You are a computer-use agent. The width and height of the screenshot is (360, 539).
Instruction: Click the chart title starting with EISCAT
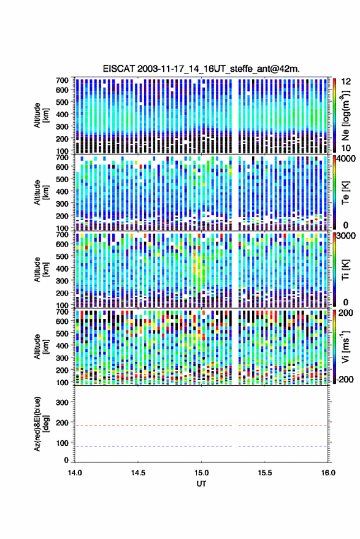pyautogui.click(x=201, y=69)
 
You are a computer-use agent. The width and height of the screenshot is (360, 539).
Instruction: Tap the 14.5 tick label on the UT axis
pyautogui.click(x=138, y=473)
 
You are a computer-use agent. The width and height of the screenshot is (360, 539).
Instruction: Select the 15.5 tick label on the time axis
pyautogui.click(x=265, y=473)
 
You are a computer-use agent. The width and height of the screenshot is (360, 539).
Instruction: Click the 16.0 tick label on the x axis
pyautogui.click(x=328, y=473)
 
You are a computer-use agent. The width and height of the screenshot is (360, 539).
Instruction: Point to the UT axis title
pyautogui.click(x=201, y=484)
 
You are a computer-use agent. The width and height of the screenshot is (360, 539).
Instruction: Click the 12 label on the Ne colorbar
pyautogui.click(x=346, y=82)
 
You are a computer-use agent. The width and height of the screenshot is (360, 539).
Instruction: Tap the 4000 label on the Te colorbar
pyautogui.click(x=346, y=159)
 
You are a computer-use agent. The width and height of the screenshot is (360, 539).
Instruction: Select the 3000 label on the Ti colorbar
pyautogui.click(x=346, y=236)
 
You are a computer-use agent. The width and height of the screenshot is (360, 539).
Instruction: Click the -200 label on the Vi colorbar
pyautogui.click(x=344, y=380)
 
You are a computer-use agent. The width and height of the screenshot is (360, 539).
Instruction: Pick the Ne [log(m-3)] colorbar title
pyautogui.click(x=345, y=115)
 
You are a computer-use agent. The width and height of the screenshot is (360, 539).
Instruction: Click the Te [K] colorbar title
pyautogui.click(x=345, y=193)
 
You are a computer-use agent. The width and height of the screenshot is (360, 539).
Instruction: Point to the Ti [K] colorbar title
pyautogui.click(x=345, y=270)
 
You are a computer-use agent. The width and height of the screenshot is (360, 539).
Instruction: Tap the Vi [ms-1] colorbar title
pyautogui.click(x=345, y=346)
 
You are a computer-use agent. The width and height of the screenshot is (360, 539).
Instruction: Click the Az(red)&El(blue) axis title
pyautogui.click(x=40, y=424)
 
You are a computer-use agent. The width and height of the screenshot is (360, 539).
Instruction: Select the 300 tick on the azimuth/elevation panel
pyautogui.click(x=62, y=402)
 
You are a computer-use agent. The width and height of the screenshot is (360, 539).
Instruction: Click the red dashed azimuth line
pyautogui.click(x=201, y=426)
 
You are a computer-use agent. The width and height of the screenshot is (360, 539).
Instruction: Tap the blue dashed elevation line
pyautogui.click(x=201, y=446)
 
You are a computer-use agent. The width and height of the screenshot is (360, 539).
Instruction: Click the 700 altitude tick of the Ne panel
pyautogui.click(x=62, y=80)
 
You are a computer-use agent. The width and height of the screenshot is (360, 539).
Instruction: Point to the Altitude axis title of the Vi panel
pyautogui.click(x=40, y=346)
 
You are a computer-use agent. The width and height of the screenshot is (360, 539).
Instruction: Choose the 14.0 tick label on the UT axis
pyautogui.click(x=75, y=473)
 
